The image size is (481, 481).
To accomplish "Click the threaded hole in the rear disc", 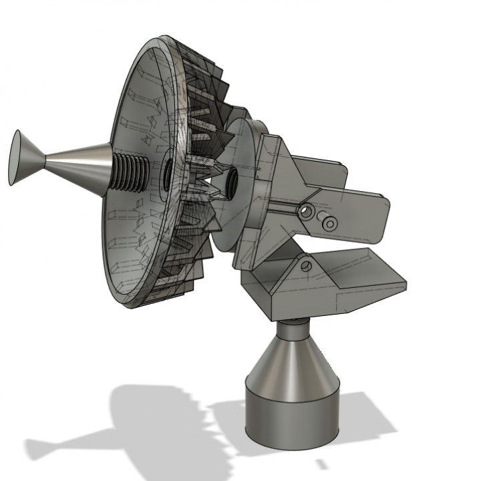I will pyautogui.click(x=232, y=182).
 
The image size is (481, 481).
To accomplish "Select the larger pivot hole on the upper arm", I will pyautogui.click(x=306, y=212).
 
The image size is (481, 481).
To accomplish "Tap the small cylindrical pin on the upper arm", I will pyautogui.click(x=329, y=223).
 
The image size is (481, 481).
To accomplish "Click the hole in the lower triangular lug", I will pyautogui.click(x=306, y=266).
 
